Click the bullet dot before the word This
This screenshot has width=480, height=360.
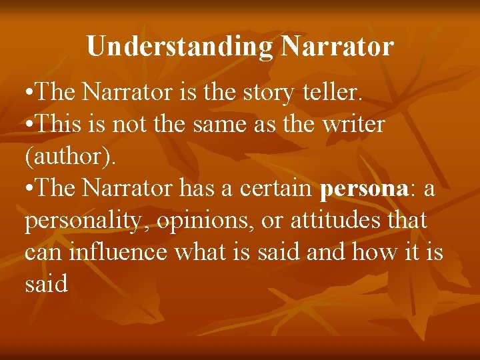point(30,125)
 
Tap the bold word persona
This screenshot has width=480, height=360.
point(363,189)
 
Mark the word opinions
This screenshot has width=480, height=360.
point(205,221)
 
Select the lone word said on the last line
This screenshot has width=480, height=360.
point(46,285)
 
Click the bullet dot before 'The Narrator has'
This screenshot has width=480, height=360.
point(30,189)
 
